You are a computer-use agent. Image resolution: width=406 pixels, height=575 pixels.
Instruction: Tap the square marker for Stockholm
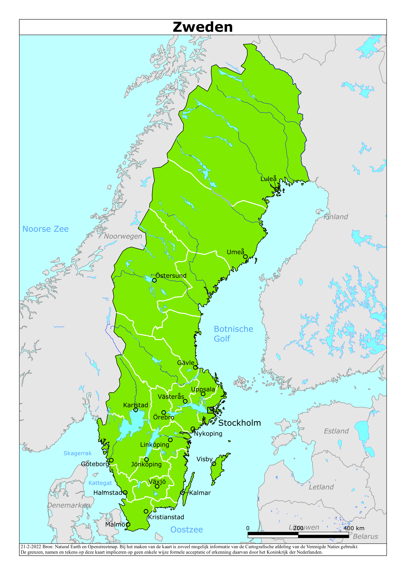pos(210,410)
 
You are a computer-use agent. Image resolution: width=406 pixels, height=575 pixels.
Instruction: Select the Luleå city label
pos(268,179)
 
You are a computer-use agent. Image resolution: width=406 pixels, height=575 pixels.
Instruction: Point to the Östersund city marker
pos(154,280)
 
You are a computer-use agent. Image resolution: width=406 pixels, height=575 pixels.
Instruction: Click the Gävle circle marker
pos(195,367)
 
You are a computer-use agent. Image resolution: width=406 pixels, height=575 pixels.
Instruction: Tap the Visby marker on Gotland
pos(214,464)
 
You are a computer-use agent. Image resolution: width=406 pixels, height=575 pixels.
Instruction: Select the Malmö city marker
pos(128,524)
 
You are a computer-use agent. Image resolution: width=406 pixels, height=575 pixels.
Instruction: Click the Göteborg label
pos(95,464)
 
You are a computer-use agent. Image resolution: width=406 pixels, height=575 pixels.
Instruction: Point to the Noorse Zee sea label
pos(45,229)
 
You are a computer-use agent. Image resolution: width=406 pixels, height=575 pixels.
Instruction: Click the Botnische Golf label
pos(233,334)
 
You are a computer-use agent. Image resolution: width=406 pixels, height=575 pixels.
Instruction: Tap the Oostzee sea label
pos(186,529)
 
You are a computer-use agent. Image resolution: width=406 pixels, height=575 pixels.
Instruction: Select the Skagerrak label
pos(78,453)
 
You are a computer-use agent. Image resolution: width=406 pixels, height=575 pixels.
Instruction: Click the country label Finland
pos(336,217)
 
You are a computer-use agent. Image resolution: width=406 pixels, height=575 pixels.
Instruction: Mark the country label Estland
pos(336,431)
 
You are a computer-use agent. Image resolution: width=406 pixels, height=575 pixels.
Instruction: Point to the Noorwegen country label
pos(123,236)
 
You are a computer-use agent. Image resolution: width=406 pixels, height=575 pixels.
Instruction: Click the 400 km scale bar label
pos(354,528)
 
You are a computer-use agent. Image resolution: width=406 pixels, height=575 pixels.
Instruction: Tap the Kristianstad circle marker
pos(146,511)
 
